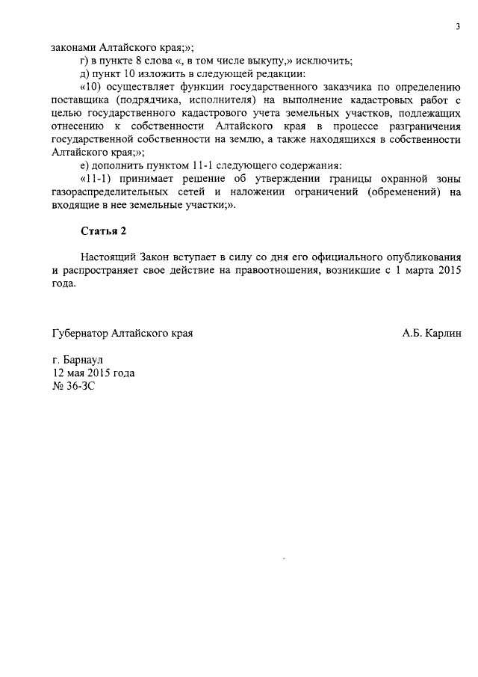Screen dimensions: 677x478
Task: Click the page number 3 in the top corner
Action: coord(457,28)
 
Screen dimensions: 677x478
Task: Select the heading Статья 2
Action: coord(104,230)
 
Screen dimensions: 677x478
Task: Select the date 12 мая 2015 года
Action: coord(93,373)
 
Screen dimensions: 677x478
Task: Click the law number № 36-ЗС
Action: coord(74,387)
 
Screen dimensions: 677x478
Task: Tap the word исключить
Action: coord(323,61)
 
